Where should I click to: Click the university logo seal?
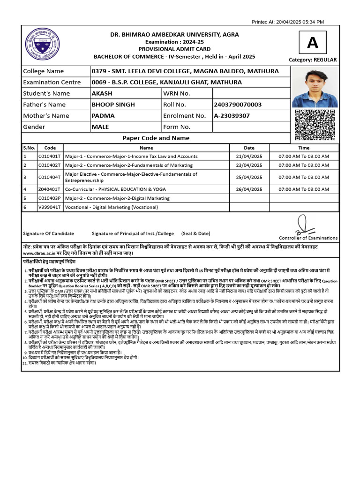point(42,45)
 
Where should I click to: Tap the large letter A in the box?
point(312,43)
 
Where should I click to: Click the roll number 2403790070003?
point(237,105)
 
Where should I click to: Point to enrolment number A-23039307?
point(232,116)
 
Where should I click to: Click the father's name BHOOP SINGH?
point(113,105)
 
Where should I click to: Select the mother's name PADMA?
point(103,116)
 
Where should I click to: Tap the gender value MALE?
point(100,127)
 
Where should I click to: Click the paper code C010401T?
point(50,156)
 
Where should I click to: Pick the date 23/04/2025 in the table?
point(249,165)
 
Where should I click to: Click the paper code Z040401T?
point(50,189)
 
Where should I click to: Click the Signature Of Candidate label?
point(48,233)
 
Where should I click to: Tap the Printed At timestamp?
point(288,22)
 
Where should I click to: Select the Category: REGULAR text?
point(313,60)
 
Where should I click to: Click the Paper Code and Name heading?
point(156,138)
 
